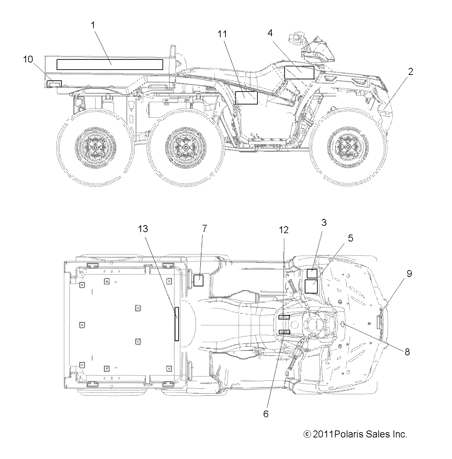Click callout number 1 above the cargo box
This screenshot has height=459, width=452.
(x=93, y=25)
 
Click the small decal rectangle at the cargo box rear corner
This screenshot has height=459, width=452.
(x=54, y=84)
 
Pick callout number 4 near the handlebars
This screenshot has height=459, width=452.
(x=270, y=33)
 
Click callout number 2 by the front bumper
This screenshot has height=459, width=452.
(x=411, y=72)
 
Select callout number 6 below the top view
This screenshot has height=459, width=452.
(x=266, y=414)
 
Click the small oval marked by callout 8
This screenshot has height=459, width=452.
(x=343, y=324)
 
